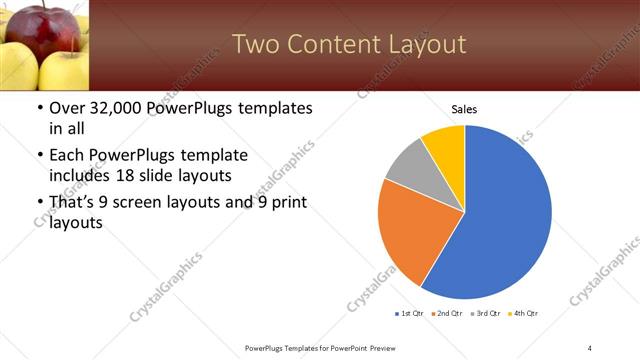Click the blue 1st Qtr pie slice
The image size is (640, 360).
(505, 215)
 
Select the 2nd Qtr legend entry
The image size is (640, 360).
(449, 314)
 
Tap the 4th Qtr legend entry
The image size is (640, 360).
(526, 314)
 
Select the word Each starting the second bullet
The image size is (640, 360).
(68, 155)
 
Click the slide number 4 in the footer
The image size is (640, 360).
(590, 347)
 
